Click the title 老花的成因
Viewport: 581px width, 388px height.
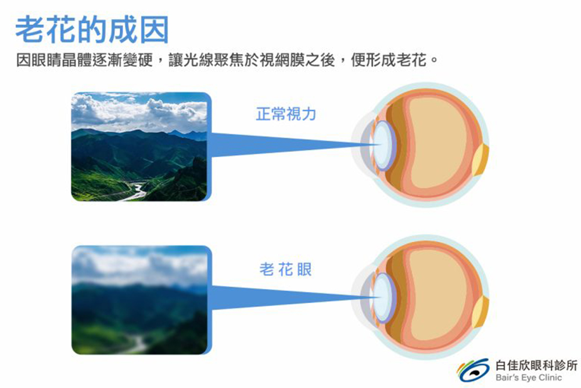point(92,30)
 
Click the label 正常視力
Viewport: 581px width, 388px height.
point(286,114)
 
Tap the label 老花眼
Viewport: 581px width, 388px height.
point(285,270)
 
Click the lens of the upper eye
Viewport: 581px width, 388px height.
point(384,145)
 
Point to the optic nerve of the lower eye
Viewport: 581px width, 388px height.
point(482,312)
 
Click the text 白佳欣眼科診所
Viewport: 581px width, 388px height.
point(536,365)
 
